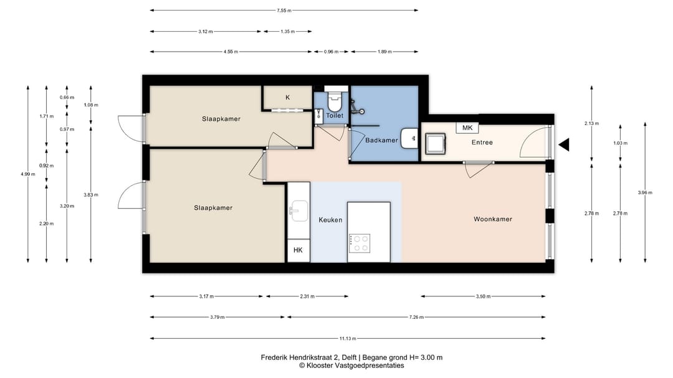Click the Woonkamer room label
pos(493,219)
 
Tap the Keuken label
pos(330,220)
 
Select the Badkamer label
pos(381,140)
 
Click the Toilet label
pos(335,115)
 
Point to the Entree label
pos(482,143)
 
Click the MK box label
pos(467,128)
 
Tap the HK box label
pos(298,250)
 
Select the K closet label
pos(287,98)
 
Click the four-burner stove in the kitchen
pos(360,243)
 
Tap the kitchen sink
pos(298,210)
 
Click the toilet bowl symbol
pos(335,102)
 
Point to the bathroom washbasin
pos(409,138)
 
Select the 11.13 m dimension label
pos(348,339)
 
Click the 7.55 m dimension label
pos(284,11)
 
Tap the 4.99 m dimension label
pos(28,174)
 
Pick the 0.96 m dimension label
pos(331,52)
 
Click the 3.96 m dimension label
pos(645,192)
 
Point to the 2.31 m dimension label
pos(307,296)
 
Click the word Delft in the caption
pos(350,357)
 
